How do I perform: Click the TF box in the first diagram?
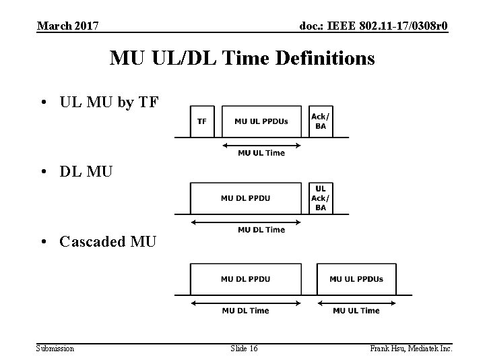tap(201, 121)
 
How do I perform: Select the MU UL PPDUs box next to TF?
tap(261, 121)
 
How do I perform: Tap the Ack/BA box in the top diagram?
tap(320, 121)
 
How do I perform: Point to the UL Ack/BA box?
tap(320, 198)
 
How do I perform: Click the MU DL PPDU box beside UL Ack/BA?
tap(245, 198)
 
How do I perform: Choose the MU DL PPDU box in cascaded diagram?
tap(245, 279)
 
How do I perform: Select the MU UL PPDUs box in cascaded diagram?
tap(356, 279)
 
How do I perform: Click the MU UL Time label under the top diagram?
tap(261, 153)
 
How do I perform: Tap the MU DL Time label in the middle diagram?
tap(261, 230)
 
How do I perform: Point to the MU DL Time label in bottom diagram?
tap(245, 311)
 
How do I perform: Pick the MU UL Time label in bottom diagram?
tap(356, 311)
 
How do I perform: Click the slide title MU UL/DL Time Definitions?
tap(243, 59)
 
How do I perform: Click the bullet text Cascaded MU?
tap(108, 241)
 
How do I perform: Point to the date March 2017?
tap(68, 26)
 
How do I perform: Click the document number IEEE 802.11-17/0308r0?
tap(374, 26)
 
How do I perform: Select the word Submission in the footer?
tap(55, 348)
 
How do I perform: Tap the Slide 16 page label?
tap(243, 348)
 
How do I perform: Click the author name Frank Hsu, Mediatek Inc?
tap(411, 348)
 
